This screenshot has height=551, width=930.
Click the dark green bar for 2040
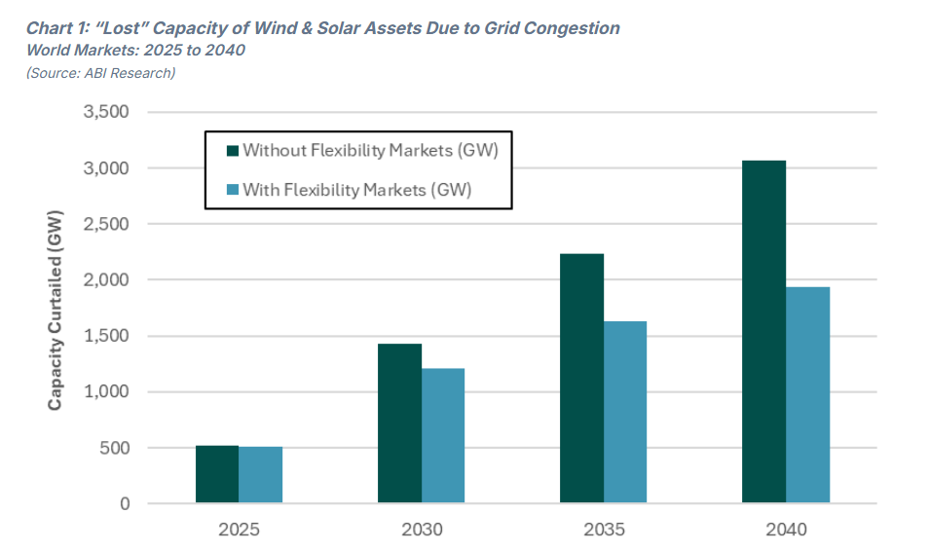pyautogui.click(x=763, y=332)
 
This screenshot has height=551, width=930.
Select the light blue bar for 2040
pyautogui.click(x=807, y=395)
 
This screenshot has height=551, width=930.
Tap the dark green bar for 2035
pyautogui.click(x=581, y=379)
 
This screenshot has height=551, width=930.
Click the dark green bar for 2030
pyautogui.click(x=399, y=423)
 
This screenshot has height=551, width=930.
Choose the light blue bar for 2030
pyautogui.click(x=443, y=435)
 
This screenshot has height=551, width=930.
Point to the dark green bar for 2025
pyautogui.click(x=217, y=474)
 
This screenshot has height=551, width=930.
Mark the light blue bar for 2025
pyautogui.click(x=261, y=475)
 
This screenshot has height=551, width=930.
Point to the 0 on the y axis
pyautogui.click(x=124, y=504)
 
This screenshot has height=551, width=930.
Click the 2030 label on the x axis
pyautogui.click(x=421, y=531)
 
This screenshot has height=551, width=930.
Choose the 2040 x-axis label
pyautogui.click(x=786, y=531)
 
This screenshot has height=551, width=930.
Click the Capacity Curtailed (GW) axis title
pyautogui.click(x=56, y=309)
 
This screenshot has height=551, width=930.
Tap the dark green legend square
pyautogui.click(x=232, y=150)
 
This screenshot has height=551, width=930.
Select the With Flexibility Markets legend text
pyautogui.click(x=356, y=189)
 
